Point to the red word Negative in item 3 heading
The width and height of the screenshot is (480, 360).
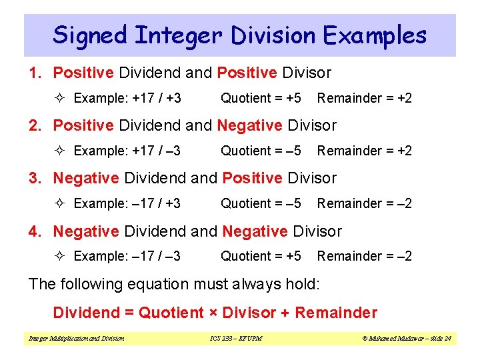[x=85, y=178]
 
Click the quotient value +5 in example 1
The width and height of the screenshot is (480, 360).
[x=293, y=98]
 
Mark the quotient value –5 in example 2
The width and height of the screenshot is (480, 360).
[x=293, y=151]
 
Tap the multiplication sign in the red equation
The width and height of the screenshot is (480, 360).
[x=213, y=313]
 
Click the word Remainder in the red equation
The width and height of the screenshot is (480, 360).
[x=336, y=313]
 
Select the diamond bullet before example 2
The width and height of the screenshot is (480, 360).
[x=62, y=151]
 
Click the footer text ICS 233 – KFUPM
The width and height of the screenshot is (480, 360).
[x=231, y=339]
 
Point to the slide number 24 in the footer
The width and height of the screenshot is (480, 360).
[x=447, y=339]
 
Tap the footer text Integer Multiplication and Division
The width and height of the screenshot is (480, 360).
[x=76, y=339]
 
